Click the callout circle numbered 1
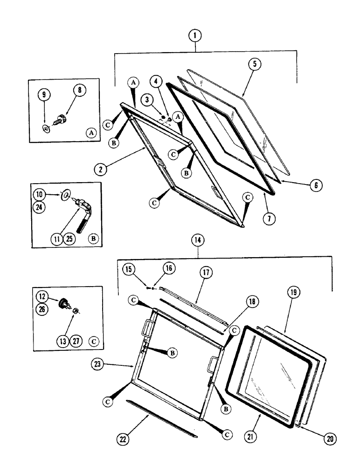[196, 36]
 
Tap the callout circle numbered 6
[315, 185]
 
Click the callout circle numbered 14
[198, 240]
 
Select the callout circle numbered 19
[294, 293]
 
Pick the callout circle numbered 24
[41, 207]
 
